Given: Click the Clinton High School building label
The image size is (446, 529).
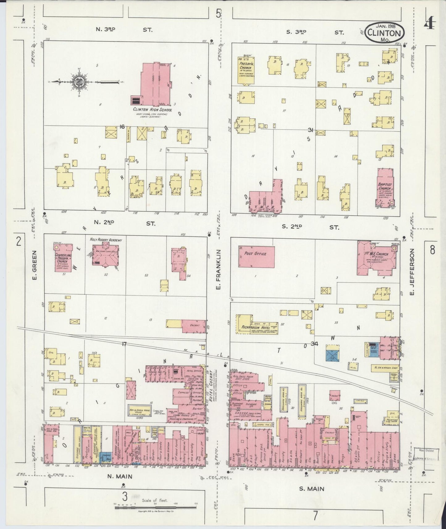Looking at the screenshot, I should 152,110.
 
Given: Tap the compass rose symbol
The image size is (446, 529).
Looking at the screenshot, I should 77,82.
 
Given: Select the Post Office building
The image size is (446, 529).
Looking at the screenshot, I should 256,256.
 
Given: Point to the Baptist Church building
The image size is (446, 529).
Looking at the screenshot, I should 385,188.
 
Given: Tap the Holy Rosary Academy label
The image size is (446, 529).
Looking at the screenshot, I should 106,240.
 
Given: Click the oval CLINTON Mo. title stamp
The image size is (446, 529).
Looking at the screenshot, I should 384,33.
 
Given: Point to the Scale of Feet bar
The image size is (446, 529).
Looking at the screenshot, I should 156,507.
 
